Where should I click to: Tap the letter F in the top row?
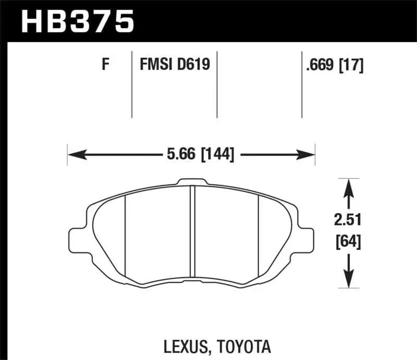coord(105,65)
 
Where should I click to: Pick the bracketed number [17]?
coord(351,65)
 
